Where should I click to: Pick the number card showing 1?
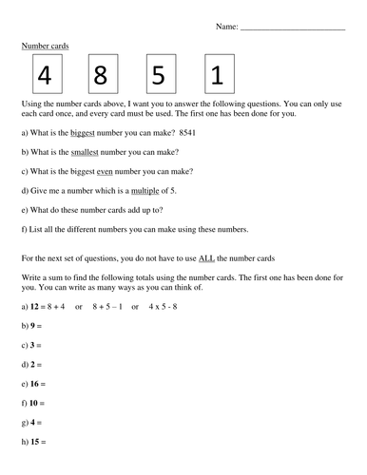pyautogui.click(x=220, y=73)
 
